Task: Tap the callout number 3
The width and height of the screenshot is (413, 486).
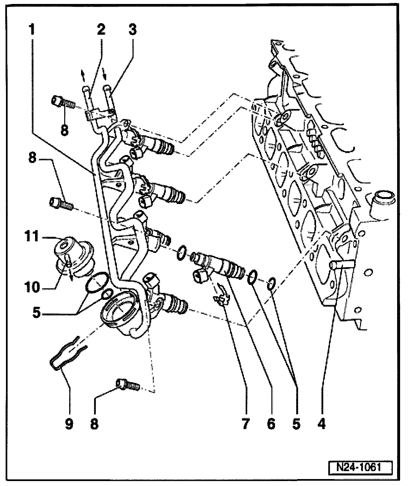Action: tap(132, 30)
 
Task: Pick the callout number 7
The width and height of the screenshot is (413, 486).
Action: tap(245, 424)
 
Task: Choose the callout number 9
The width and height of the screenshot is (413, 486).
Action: tap(69, 424)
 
